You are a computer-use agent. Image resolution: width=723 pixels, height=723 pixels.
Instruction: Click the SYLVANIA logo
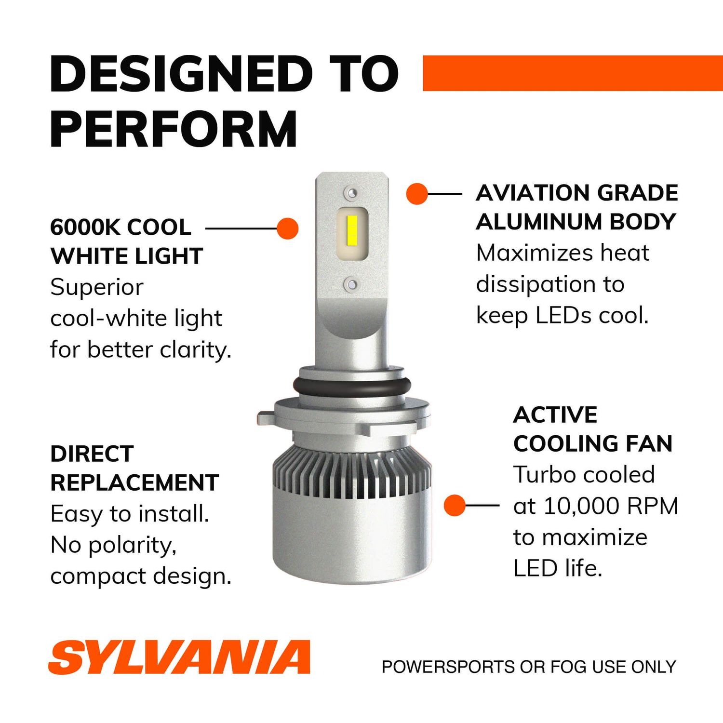point(179,657)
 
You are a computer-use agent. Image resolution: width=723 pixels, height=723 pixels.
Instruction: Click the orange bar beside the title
point(573,73)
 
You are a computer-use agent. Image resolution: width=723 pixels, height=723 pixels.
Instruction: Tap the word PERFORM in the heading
point(174,129)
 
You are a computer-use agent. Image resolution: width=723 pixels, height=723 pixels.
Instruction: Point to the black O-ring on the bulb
point(352,386)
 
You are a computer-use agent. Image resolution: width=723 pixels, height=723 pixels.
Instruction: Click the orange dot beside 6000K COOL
point(288,228)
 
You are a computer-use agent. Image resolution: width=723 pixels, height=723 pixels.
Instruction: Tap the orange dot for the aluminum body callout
point(417,194)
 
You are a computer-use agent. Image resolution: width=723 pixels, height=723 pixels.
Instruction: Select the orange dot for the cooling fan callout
point(455,505)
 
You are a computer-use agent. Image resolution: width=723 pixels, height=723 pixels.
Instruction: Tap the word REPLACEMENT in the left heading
point(134,482)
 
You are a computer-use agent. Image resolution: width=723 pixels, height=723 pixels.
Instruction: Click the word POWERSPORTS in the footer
point(448,667)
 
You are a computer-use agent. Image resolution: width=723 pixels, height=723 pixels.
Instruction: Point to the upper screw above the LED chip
point(352,194)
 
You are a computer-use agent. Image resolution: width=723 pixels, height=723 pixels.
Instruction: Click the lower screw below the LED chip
point(352,284)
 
